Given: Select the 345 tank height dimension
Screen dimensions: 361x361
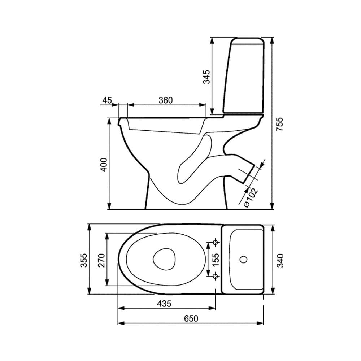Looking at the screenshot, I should [206, 77].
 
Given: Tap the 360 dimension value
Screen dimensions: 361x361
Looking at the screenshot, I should [166, 100].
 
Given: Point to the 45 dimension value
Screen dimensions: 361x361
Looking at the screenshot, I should [107, 100].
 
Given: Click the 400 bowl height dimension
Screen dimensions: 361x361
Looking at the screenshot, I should [104, 165].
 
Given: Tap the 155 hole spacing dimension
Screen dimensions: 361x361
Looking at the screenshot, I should [216, 259].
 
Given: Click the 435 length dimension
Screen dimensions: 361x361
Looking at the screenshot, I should [164, 304].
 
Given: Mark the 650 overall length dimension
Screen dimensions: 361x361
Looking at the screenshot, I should [191, 318].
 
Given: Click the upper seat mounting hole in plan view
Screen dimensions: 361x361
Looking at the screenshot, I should [216, 242].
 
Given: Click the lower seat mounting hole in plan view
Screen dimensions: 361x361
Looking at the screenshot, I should [216, 276].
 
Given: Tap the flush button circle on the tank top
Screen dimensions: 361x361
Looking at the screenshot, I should [243, 259].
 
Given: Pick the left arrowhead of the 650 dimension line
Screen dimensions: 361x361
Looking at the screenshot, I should [121, 323].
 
